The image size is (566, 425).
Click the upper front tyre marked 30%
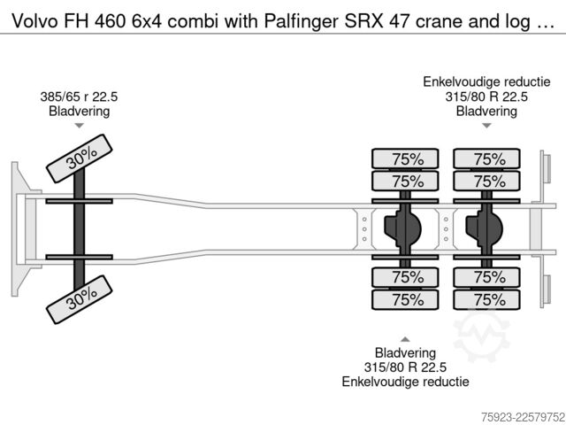[80, 158]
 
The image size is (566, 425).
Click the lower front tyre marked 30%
[80, 299]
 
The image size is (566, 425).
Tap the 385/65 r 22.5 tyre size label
[79, 97]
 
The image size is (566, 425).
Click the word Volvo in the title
[34, 21]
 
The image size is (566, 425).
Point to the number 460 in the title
[111, 21]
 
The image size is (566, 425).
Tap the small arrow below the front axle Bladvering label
[79, 126]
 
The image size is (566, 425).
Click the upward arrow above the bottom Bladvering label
[405, 339]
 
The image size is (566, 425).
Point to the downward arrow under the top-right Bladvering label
[486, 126]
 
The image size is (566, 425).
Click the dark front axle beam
[79, 229]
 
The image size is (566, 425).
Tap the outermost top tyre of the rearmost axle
[486, 158]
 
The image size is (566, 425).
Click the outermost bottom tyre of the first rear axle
[405, 299]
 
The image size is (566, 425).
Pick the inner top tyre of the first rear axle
[405, 181]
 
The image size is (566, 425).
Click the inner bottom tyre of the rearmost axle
[486, 277]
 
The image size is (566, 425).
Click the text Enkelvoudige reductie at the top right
[486, 82]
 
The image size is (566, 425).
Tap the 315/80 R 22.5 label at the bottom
[405, 367]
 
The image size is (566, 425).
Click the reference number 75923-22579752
[523, 417]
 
